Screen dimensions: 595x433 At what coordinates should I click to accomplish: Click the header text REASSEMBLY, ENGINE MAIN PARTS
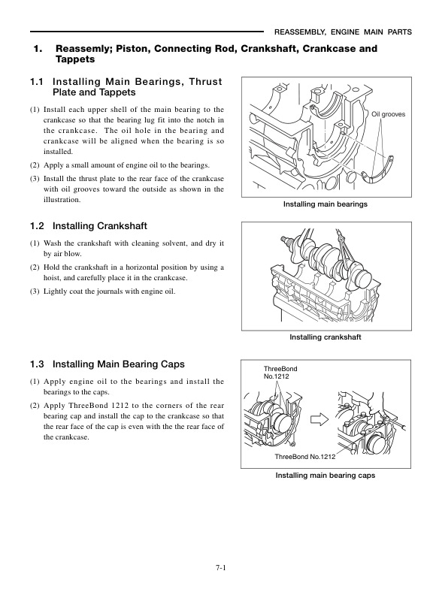[x=343, y=32]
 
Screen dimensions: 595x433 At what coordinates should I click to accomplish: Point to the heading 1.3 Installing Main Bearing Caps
[x=106, y=364]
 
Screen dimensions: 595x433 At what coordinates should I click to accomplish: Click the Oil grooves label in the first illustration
[x=388, y=114]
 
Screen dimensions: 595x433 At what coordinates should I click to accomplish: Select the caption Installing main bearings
[x=326, y=204]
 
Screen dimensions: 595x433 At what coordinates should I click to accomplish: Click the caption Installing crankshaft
[x=326, y=337]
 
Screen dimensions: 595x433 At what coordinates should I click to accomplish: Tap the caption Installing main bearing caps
[x=326, y=476]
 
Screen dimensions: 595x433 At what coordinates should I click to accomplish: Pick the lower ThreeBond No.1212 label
[x=304, y=457]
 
